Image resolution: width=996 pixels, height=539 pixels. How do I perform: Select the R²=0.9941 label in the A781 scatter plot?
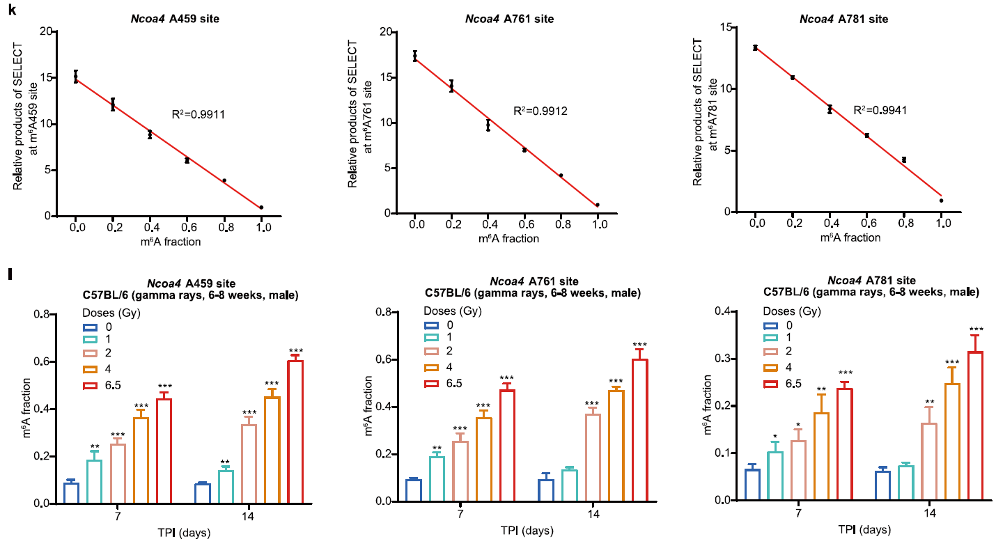(880, 110)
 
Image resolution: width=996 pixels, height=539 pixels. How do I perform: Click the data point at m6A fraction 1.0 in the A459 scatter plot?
(261, 208)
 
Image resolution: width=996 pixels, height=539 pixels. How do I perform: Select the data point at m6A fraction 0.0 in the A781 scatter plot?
(755, 48)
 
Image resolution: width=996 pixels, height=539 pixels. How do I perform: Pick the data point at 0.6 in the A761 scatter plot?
(524, 150)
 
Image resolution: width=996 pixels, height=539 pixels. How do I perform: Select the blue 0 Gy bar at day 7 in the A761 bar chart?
(414, 490)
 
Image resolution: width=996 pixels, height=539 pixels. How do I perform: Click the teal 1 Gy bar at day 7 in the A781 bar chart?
(775, 476)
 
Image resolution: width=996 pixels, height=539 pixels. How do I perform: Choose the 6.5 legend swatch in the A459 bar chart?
(91, 386)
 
